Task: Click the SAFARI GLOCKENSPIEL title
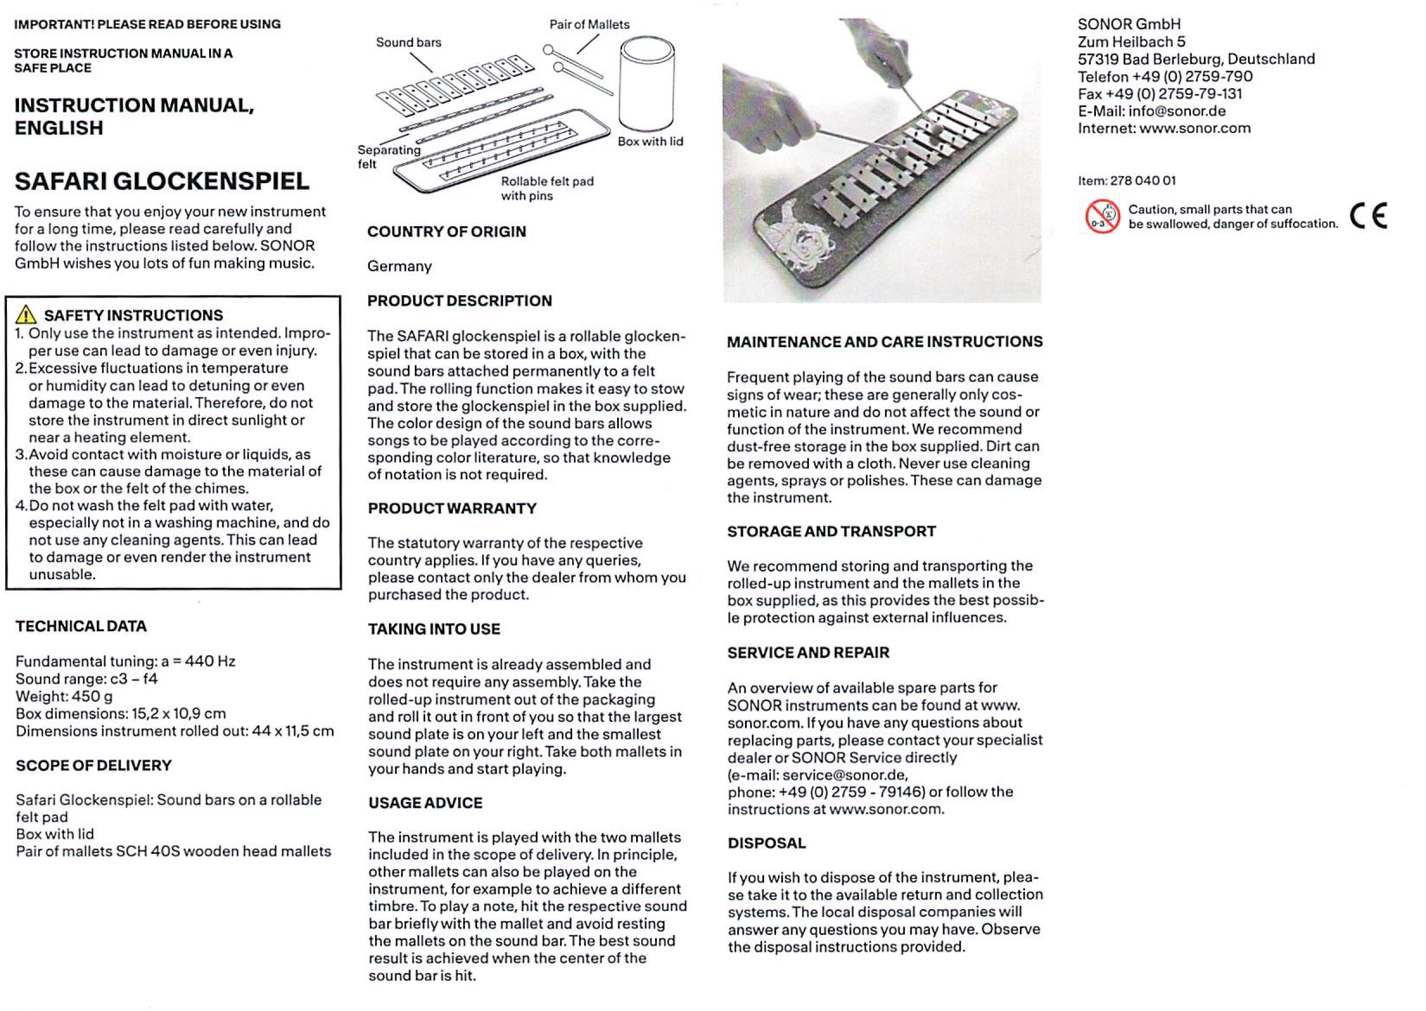[162, 181]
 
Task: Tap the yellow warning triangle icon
[26, 314]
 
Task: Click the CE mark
[1370, 216]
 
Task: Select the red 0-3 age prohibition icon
[1102, 216]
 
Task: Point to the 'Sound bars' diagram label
[408, 43]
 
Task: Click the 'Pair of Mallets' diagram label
[589, 24]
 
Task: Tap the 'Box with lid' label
[650, 141]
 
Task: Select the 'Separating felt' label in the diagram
[389, 157]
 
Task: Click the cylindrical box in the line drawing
[646, 83]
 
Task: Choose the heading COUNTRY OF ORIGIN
[447, 231]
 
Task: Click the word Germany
[399, 267]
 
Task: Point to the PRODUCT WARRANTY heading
[452, 508]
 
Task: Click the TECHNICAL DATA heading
[81, 626]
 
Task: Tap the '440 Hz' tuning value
[210, 661]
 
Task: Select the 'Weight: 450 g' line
[64, 696]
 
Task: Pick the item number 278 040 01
[1143, 181]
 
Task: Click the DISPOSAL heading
[767, 843]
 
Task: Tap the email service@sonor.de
[845, 775]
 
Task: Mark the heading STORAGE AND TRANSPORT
[831, 531]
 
